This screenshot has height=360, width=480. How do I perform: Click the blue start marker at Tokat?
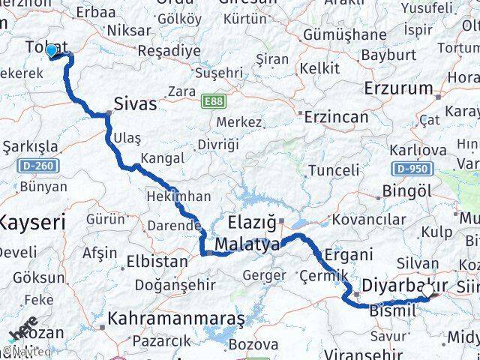click(51, 51)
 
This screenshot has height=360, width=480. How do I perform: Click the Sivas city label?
click(136, 103)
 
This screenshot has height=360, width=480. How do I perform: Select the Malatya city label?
click(247, 244)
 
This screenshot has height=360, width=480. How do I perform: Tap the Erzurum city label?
click(399, 88)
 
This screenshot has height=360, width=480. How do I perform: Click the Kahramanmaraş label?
click(176, 319)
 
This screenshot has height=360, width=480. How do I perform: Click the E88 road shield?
click(213, 99)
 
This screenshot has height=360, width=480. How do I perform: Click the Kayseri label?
click(31, 221)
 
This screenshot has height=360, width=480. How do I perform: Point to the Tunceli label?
click(334, 170)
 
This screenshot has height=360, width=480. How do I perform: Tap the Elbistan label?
click(157, 262)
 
